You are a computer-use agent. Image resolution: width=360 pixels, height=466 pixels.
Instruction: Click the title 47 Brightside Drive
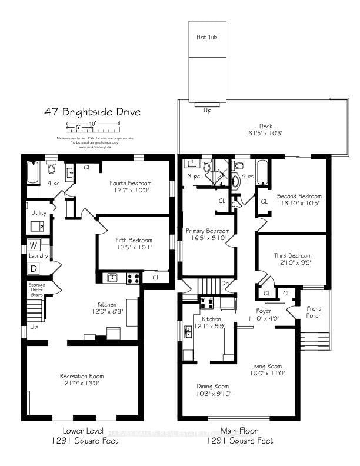[x=92, y=112]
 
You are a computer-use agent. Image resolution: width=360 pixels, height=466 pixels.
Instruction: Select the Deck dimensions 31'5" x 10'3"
[x=265, y=133]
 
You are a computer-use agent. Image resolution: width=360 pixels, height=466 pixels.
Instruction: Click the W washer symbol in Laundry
[x=34, y=245]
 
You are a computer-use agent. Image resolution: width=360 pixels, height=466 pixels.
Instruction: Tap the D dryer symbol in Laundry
[x=34, y=268]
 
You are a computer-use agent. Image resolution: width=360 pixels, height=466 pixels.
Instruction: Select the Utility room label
[x=39, y=212]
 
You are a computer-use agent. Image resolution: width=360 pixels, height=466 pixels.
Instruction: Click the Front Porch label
[x=314, y=312]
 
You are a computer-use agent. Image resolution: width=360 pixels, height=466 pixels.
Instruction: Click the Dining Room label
[x=212, y=386]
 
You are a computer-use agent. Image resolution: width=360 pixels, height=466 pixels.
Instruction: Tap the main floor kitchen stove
[x=206, y=303]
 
